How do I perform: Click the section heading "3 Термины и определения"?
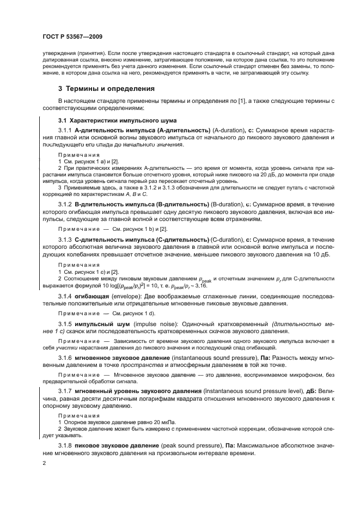(x=106, y=88)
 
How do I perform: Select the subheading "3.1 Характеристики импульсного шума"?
(x=117, y=120)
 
